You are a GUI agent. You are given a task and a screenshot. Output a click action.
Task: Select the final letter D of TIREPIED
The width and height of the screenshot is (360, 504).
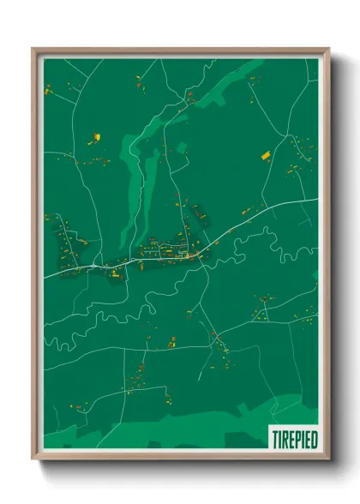[315, 439]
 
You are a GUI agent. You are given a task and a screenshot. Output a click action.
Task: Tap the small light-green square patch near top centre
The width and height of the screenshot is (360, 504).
[181, 147]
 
